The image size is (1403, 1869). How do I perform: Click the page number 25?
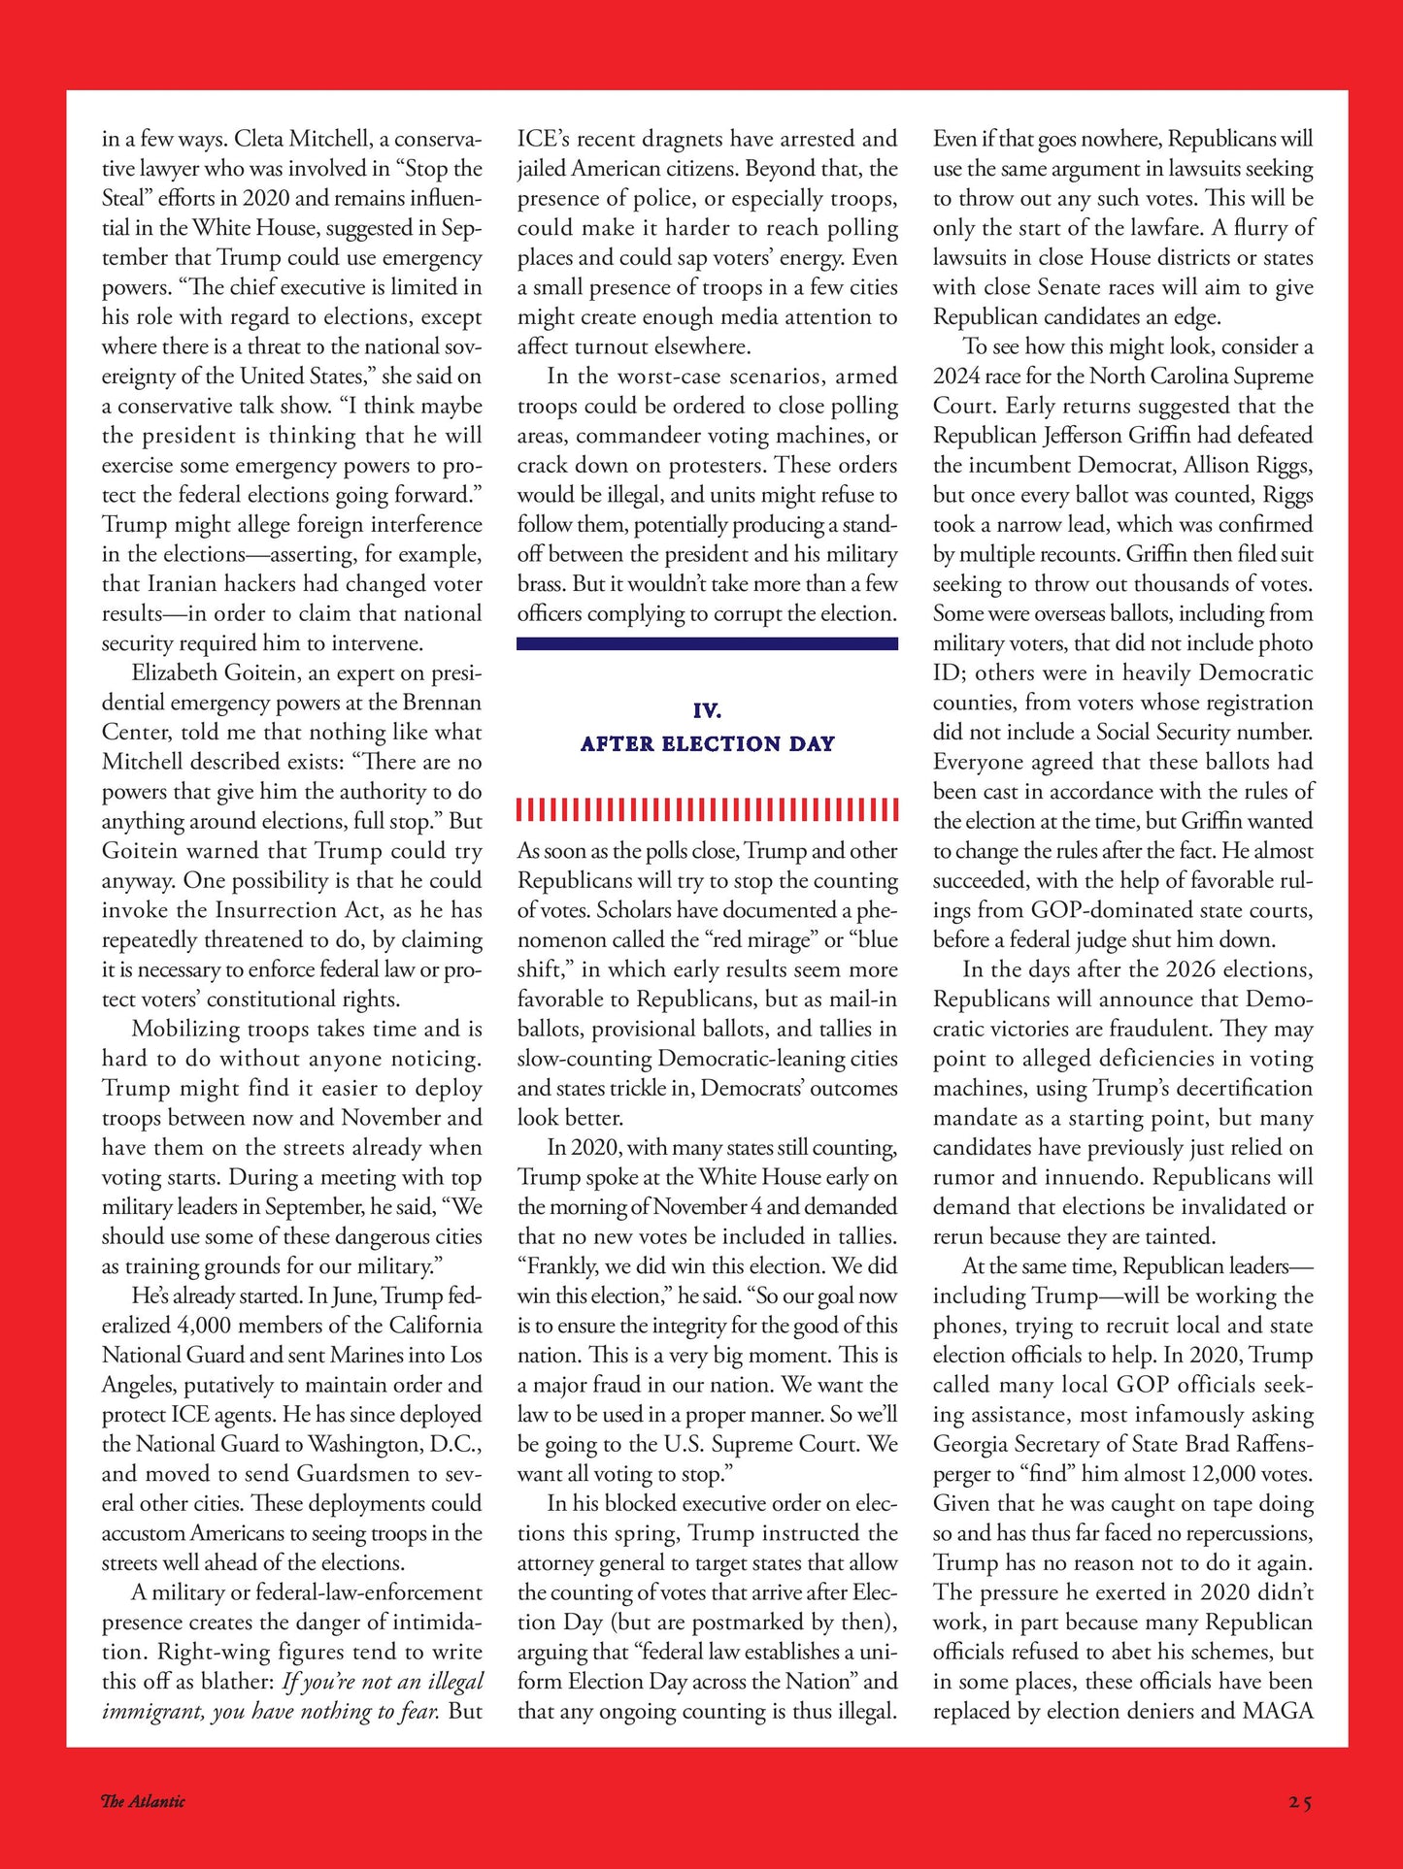click(1300, 1802)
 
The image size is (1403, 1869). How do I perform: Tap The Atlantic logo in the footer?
click(143, 1801)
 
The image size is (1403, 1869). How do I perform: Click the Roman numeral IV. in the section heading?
click(707, 710)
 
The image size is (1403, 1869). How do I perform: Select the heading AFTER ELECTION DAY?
click(707, 743)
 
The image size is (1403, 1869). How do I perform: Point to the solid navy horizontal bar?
click(707, 643)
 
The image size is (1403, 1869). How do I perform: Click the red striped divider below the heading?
click(707, 809)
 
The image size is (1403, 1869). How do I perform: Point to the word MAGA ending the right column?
click(1278, 1711)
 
